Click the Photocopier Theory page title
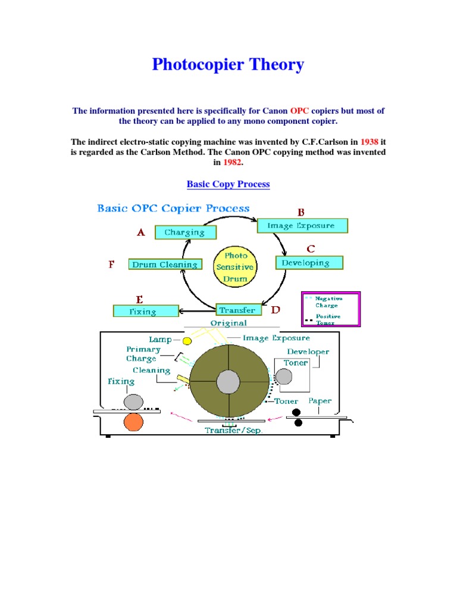point(228,64)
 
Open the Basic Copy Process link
point(228,184)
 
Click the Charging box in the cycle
point(185,232)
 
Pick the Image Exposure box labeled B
point(302,226)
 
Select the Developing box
point(309,263)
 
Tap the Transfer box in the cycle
point(237,310)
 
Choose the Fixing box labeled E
point(146,311)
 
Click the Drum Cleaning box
point(165,264)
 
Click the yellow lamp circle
point(187,341)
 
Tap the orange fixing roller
point(133,422)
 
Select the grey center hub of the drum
point(229,381)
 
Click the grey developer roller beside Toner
point(284,376)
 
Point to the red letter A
point(141,233)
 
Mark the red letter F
point(111,264)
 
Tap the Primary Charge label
point(143,354)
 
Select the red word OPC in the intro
point(299,111)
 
